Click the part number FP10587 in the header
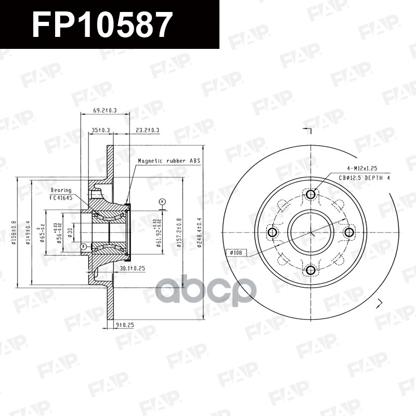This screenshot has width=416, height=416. (101, 24)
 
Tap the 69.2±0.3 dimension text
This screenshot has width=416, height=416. (105, 110)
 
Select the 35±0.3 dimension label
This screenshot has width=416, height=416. (101, 129)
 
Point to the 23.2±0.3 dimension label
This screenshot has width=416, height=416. (147, 129)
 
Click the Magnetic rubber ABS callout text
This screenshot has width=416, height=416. (168, 161)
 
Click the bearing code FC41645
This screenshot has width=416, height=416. (61, 198)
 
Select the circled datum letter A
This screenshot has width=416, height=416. (162, 201)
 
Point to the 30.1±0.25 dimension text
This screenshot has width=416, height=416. (132, 268)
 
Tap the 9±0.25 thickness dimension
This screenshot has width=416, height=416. (124, 325)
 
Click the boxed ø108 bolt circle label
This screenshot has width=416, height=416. (237, 253)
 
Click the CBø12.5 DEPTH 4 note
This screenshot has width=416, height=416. (365, 178)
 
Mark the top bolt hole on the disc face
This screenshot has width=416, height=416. (310, 194)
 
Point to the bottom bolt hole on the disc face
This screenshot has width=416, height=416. (310, 270)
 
